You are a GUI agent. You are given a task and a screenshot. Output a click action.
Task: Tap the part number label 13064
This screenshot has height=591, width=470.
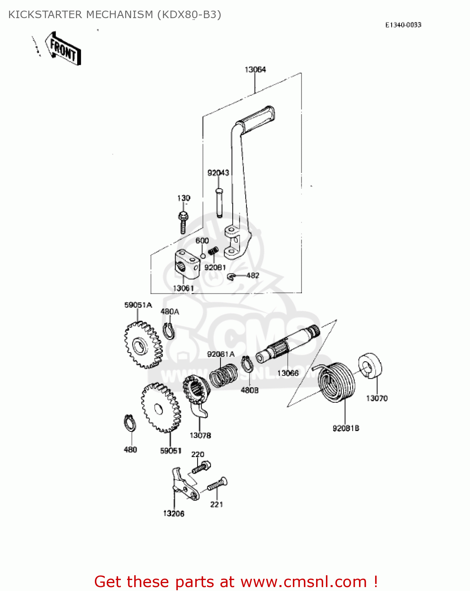[x=255, y=70]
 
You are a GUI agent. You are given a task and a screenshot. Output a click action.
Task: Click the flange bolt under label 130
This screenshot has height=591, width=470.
[x=183, y=222]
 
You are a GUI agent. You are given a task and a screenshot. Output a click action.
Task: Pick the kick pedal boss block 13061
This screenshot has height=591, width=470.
[x=186, y=264]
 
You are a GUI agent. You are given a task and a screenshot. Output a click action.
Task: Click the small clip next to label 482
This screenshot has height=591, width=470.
[x=231, y=277]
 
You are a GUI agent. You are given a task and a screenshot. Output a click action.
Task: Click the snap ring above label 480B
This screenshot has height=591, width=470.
[x=247, y=364]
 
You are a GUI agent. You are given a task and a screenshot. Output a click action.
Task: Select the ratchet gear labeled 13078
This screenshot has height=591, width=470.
[x=196, y=392]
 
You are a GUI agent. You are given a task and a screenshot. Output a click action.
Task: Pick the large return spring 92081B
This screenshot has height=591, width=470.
[x=337, y=382]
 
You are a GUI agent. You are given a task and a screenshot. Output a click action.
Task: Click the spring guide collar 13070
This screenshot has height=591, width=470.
[x=370, y=366]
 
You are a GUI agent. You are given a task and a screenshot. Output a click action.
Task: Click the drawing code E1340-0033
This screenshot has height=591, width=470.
[x=403, y=25]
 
